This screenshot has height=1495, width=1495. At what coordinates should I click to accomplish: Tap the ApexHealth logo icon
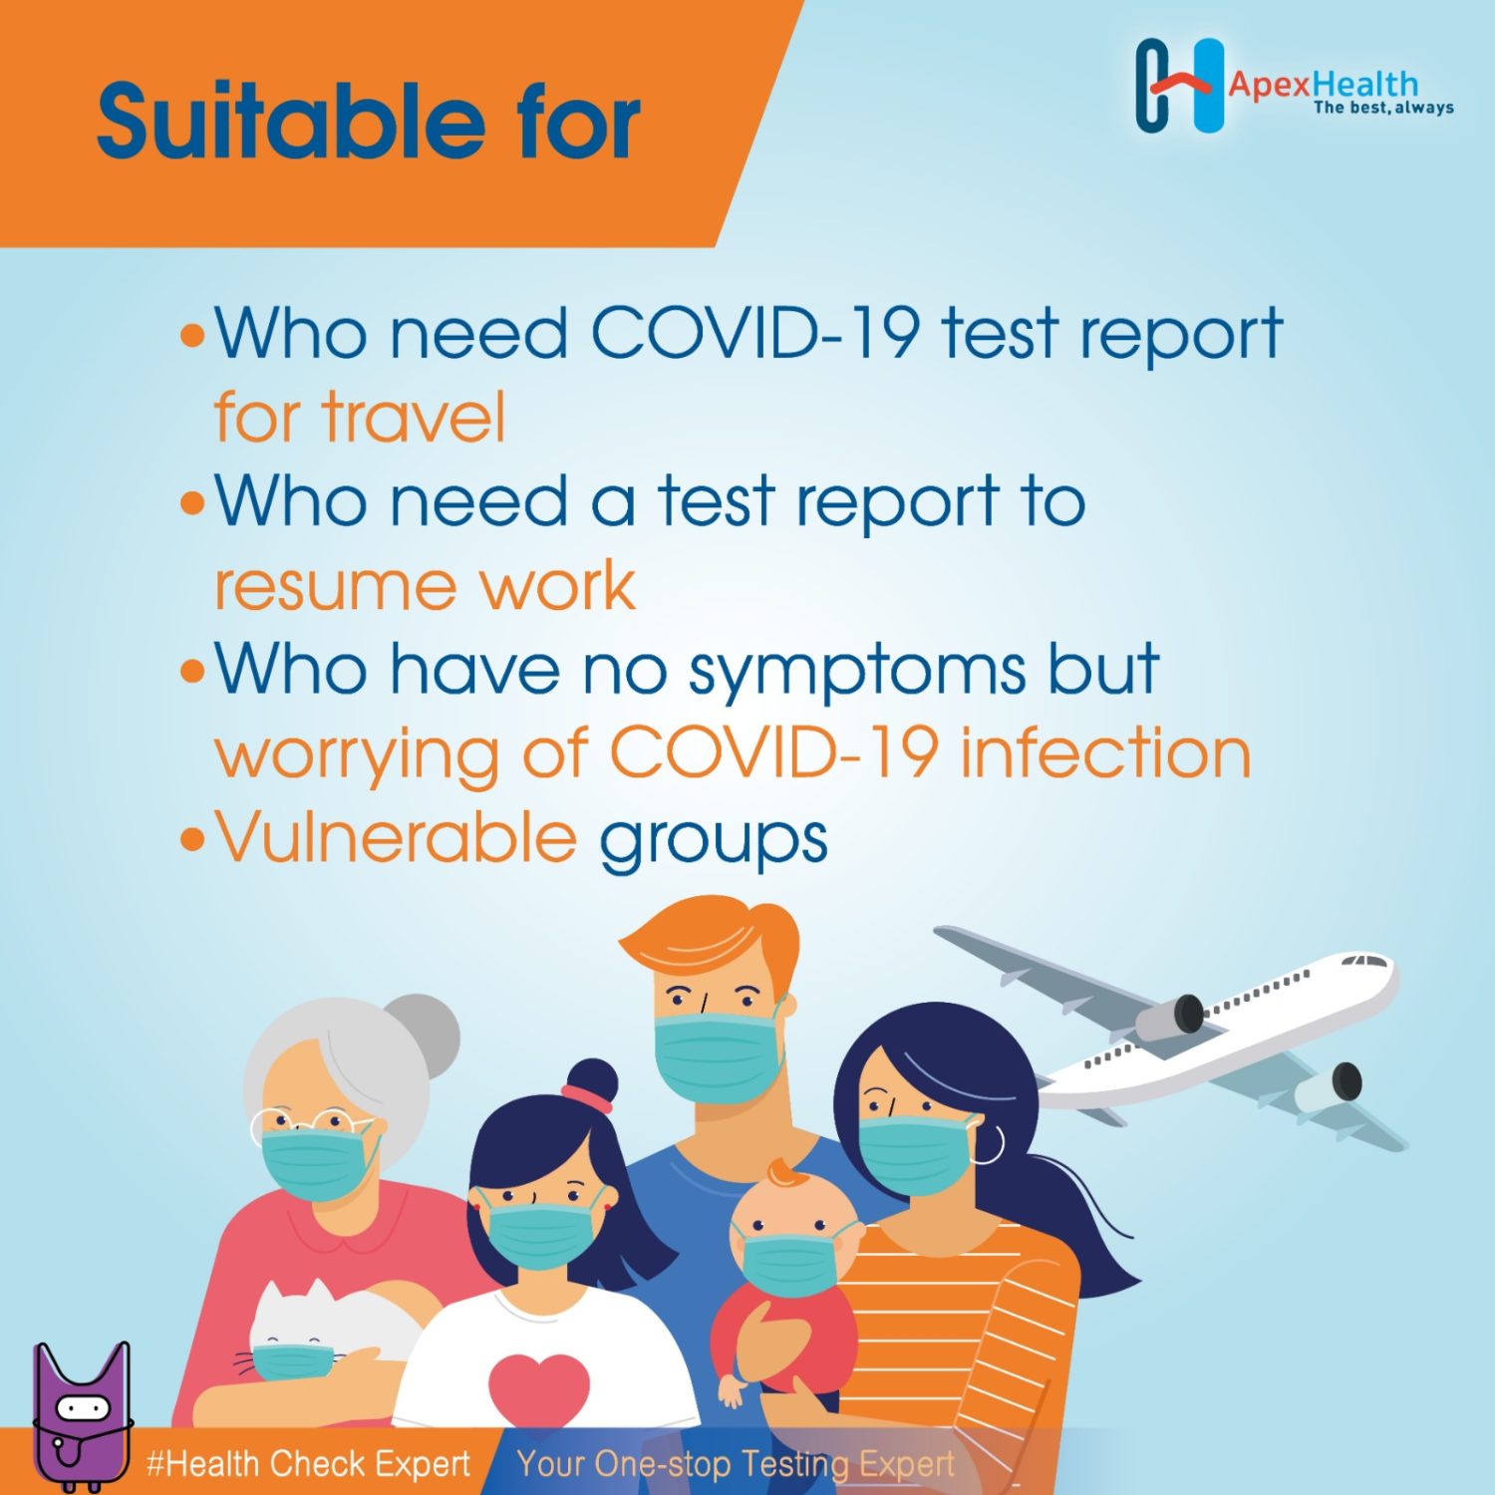coord(1179,86)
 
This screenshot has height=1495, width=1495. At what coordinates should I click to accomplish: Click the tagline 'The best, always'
coord(1383,108)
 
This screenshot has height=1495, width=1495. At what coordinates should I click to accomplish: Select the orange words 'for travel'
coord(360,417)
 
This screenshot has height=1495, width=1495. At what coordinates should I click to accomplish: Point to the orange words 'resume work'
coord(425,585)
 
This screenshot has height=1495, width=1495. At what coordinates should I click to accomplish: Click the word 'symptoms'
coord(856,672)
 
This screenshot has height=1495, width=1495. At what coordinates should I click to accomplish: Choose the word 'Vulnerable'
coord(397,837)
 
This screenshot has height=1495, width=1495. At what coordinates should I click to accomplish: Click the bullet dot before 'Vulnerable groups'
coord(191,839)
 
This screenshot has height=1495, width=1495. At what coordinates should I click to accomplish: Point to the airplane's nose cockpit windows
coord(1366,962)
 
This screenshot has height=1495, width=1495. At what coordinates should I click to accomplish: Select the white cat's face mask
coord(292,1359)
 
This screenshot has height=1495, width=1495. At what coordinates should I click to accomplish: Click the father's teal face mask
coord(717,1054)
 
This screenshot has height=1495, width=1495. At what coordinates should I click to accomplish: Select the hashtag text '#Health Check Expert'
coord(308,1463)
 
